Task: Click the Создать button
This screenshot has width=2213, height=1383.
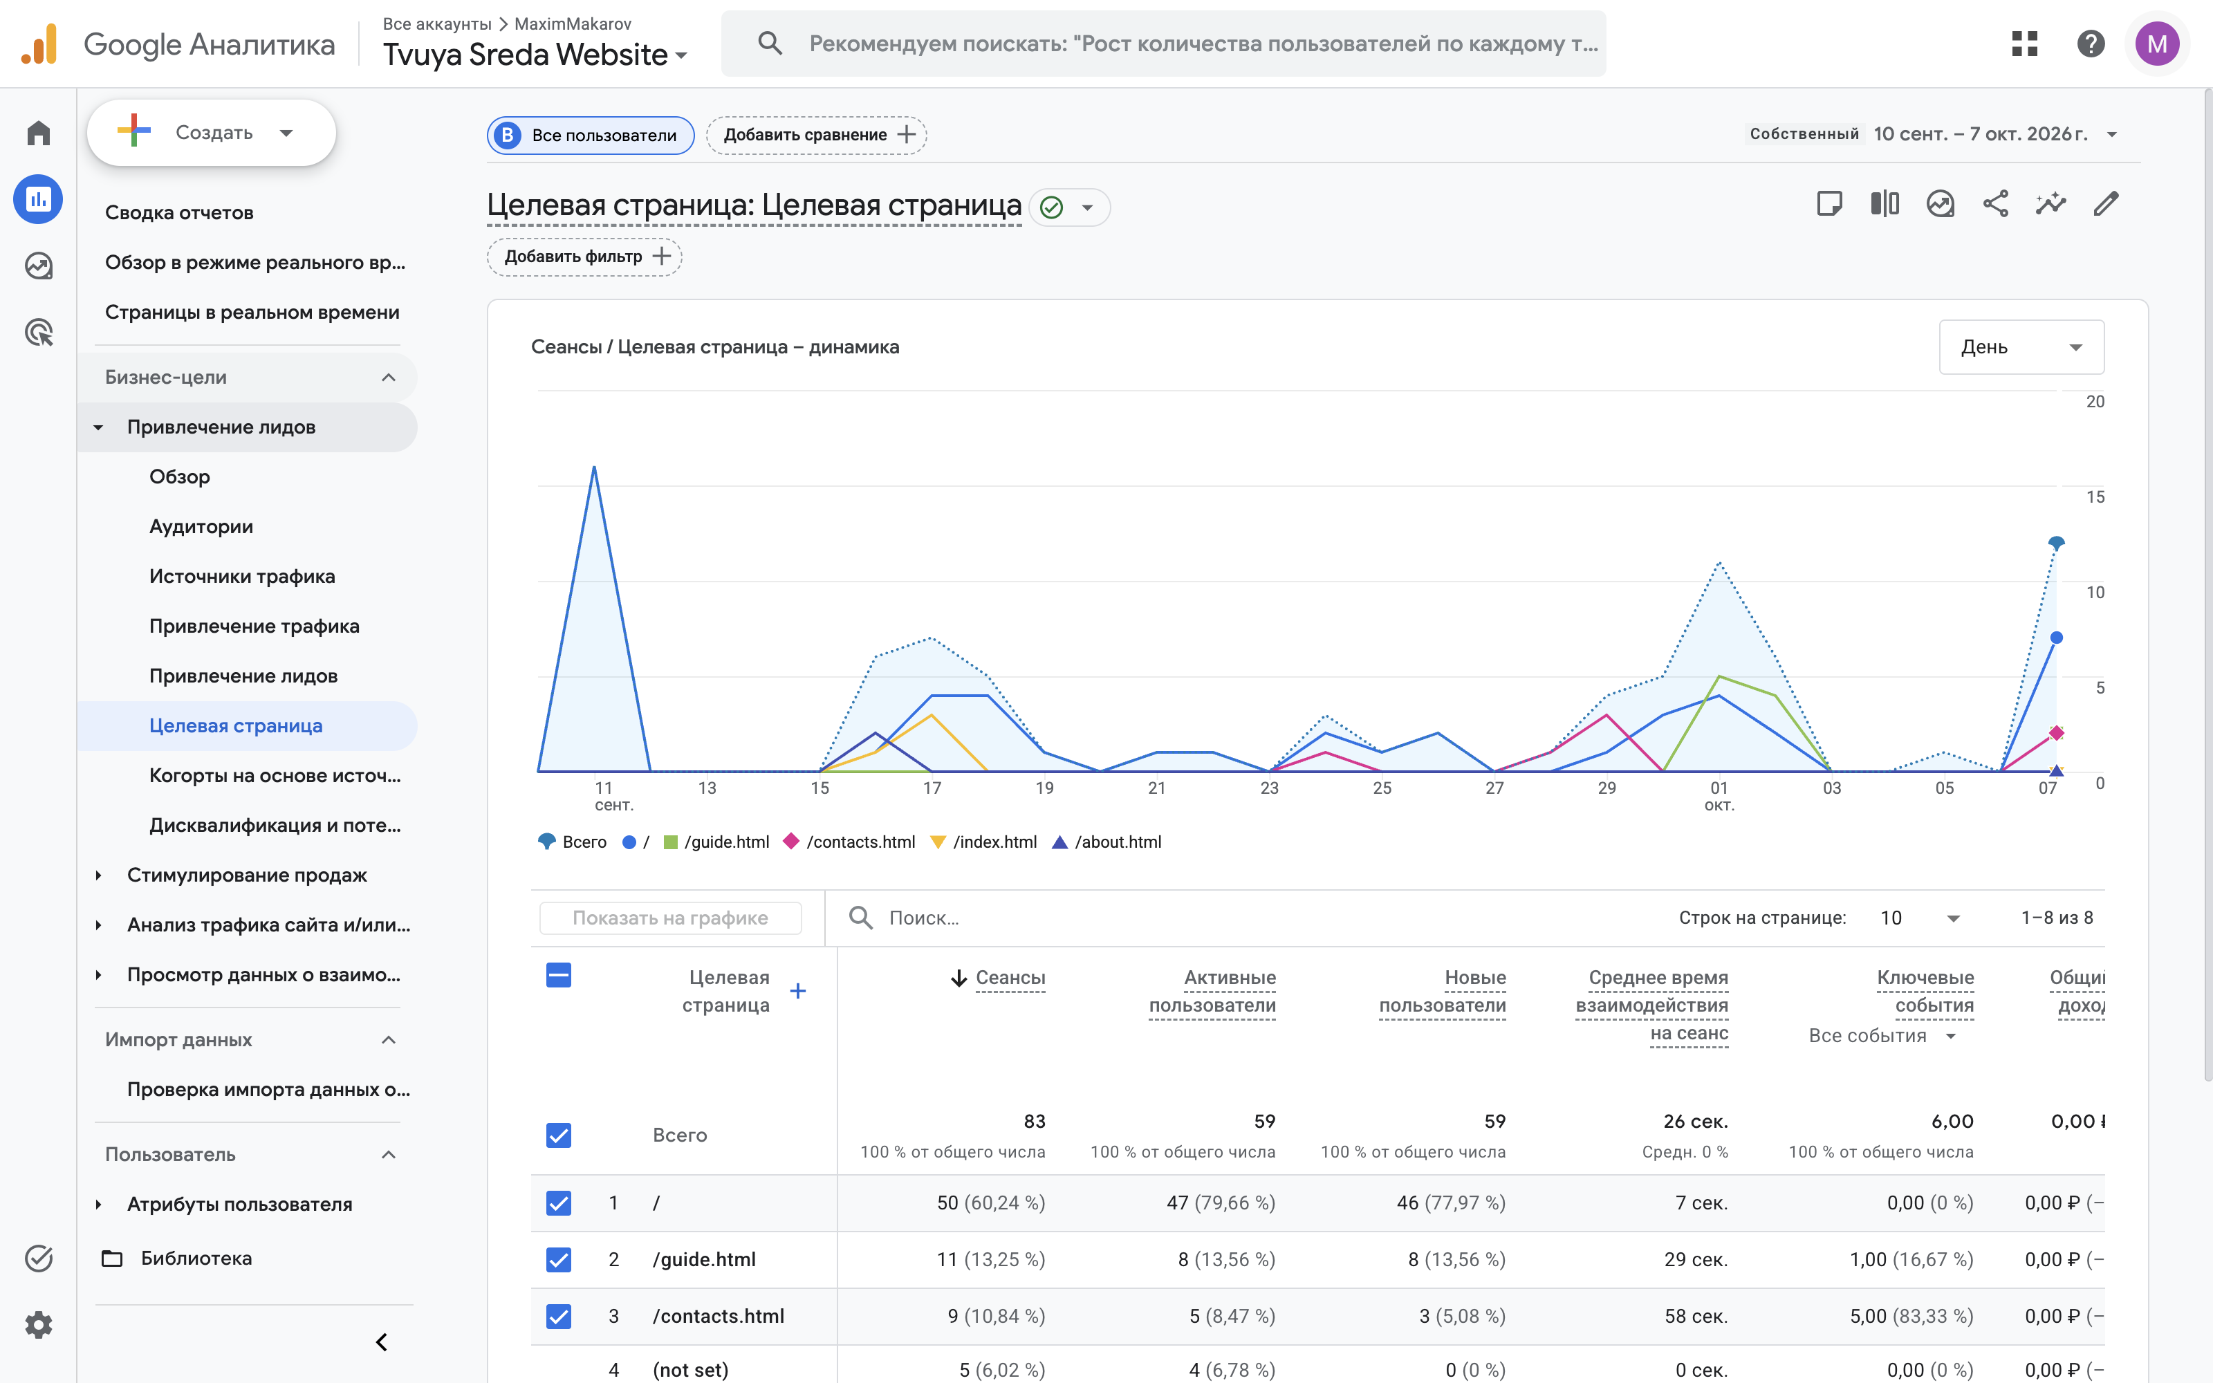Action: pos(211,133)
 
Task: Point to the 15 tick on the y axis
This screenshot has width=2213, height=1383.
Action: pos(2095,496)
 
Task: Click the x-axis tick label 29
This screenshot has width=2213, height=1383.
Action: pos(1606,788)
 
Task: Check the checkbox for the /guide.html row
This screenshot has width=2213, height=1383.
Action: pos(559,1259)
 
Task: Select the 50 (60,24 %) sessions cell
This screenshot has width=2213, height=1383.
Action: pos(990,1203)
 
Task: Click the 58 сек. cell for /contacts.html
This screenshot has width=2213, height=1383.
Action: pos(1696,1316)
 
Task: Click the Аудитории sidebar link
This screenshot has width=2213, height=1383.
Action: pos(201,527)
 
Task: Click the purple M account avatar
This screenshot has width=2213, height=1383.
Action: pos(2157,44)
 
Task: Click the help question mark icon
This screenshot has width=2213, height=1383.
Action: pos(2091,44)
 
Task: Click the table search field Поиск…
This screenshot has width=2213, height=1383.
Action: pos(924,918)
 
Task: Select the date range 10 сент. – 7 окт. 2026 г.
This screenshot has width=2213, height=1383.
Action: pos(1981,134)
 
